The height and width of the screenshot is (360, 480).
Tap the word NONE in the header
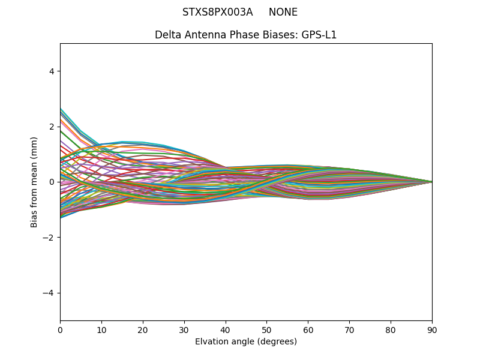(283, 12)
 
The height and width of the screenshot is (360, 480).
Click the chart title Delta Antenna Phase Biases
(226, 35)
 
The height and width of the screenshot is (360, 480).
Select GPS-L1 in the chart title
(319, 35)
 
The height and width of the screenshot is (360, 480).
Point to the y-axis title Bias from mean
(34, 182)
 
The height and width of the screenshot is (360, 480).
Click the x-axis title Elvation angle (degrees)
(246, 341)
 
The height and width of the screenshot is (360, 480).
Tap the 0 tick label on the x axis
(60, 329)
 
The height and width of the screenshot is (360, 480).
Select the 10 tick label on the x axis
(101, 329)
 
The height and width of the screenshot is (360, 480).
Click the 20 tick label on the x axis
(143, 329)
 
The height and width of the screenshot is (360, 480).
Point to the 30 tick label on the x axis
(184, 329)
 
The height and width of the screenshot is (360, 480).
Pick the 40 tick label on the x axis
(226, 329)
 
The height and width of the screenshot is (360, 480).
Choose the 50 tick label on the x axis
(266, 329)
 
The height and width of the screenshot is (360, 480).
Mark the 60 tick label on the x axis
(308, 329)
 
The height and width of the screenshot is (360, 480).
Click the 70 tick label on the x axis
(349, 329)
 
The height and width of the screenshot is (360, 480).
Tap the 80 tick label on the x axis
(391, 329)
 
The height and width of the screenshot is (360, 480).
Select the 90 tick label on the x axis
(432, 329)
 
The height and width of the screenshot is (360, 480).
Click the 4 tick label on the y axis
(52, 71)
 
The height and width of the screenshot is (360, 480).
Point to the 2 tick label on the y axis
(52, 127)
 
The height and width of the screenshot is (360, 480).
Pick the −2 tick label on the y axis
(49, 237)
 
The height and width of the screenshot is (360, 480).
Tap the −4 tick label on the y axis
(49, 293)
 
